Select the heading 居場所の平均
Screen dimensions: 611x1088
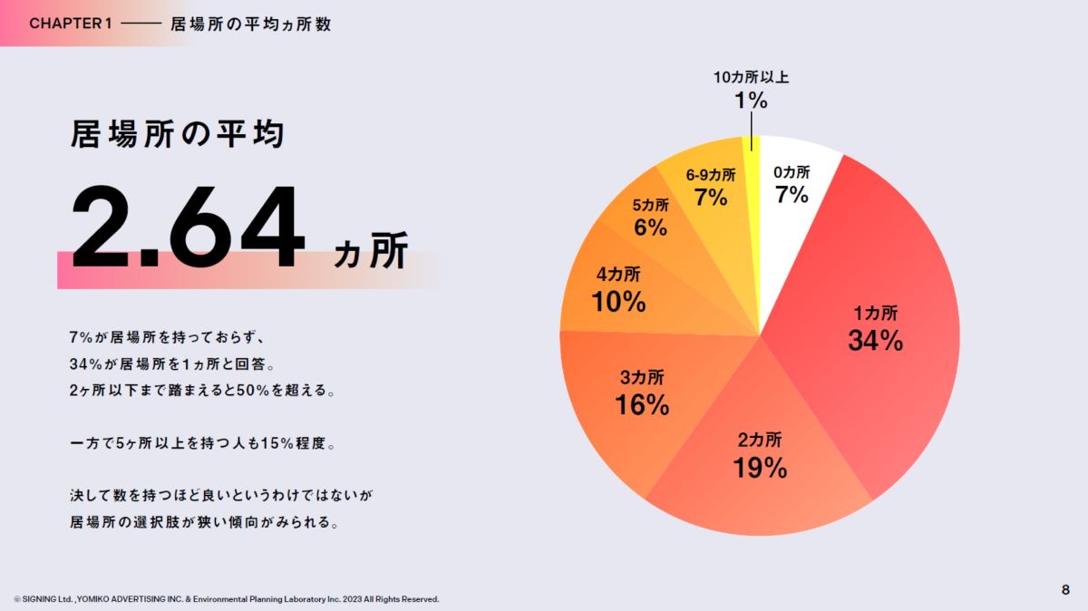(x=178, y=134)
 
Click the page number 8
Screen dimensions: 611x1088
(x=1065, y=590)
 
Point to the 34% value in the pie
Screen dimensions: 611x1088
(x=875, y=341)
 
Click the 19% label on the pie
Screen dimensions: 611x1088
(x=760, y=468)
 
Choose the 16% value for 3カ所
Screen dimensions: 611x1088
(x=642, y=404)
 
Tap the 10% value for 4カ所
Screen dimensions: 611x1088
(x=618, y=302)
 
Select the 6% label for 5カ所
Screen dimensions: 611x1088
(x=651, y=228)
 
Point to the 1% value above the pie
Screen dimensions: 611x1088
(x=751, y=101)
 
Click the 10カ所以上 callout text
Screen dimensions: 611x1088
(x=751, y=77)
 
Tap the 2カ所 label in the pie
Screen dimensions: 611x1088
(x=760, y=441)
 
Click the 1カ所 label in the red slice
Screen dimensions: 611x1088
(x=875, y=314)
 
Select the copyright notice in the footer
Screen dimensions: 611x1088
(x=227, y=599)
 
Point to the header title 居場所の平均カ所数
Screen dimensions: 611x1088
(x=250, y=24)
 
